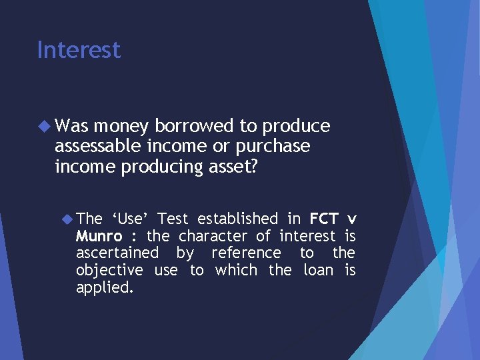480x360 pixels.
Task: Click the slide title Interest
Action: point(79,50)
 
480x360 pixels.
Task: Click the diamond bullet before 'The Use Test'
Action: point(67,218)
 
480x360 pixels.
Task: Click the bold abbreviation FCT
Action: point(324,218)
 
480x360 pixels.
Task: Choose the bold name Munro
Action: point(99,236)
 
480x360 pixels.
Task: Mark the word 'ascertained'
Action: point(117,253)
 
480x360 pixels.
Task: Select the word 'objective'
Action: point(109,271)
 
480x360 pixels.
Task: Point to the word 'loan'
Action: point(318,271)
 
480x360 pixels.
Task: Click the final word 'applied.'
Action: point(103,288)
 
